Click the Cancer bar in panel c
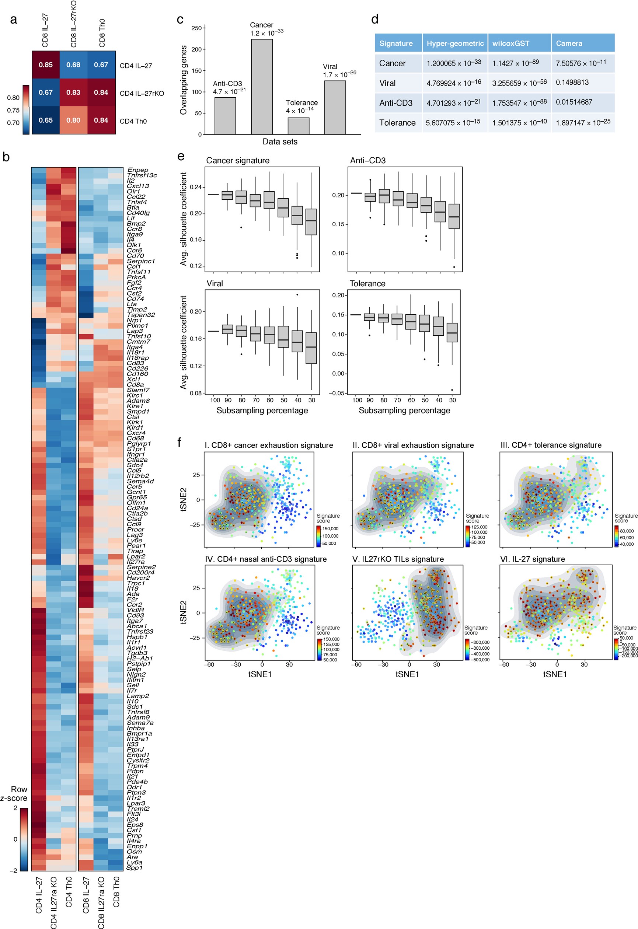point(262,87)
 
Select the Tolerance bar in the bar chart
point(298,126)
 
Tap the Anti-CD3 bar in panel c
point(225,116)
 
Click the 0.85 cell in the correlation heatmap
point(46,65)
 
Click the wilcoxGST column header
point(510,43)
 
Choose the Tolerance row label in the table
point(397,123)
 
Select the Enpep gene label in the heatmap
point(137,170)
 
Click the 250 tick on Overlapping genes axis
point(196,28)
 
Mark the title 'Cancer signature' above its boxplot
point(237,161)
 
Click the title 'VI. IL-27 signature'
point(533,559)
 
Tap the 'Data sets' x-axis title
point(280,142)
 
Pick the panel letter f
point(179,442)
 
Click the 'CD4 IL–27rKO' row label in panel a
point(142,94)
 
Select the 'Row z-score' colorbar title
point(14,794)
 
